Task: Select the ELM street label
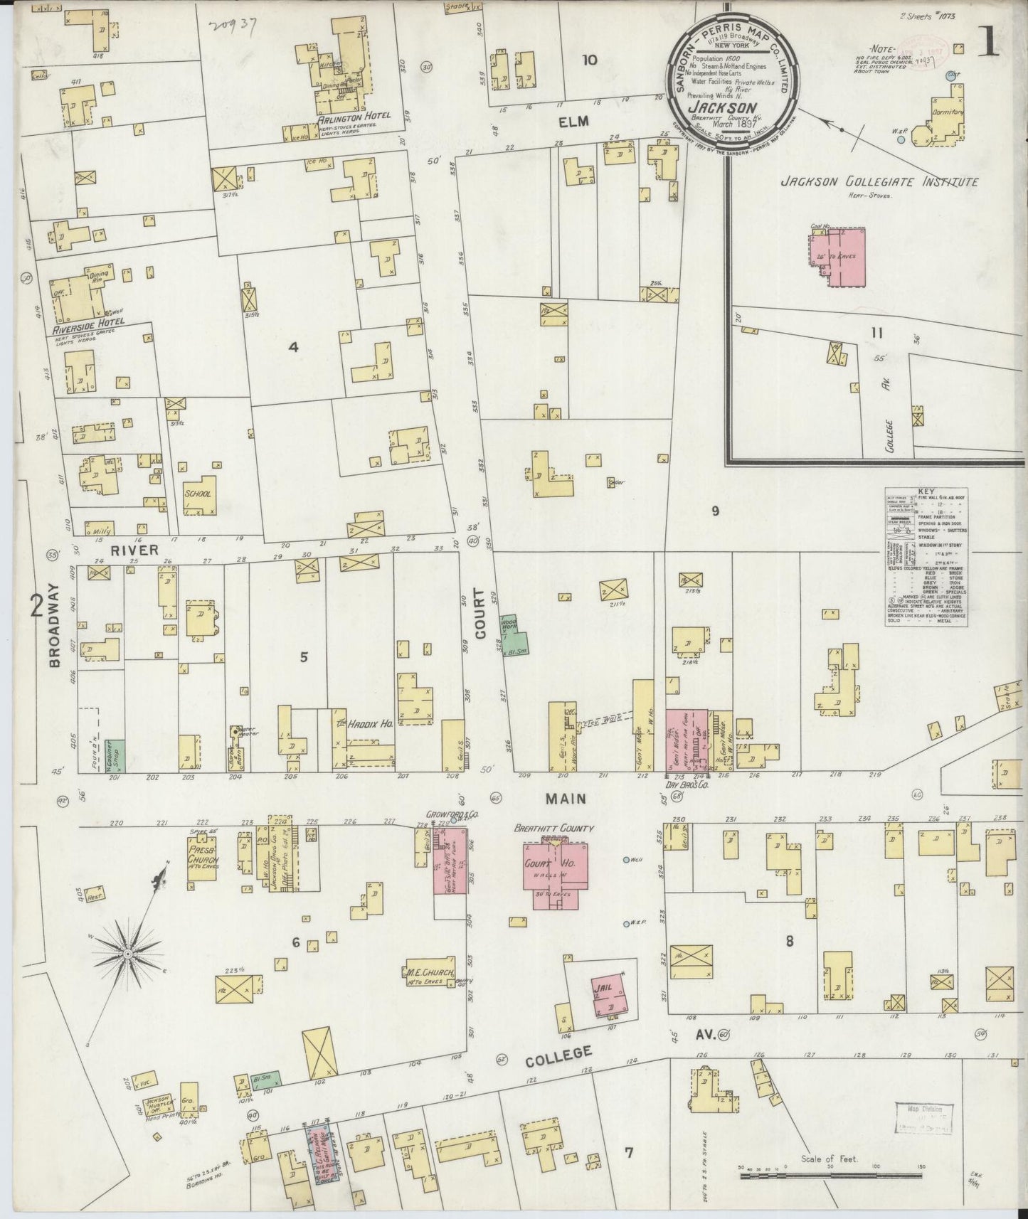[573, 122]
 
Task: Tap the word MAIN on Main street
[566, 799]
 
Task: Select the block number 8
[789, 942]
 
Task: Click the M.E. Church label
[426, 972]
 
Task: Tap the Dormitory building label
[946, 112]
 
